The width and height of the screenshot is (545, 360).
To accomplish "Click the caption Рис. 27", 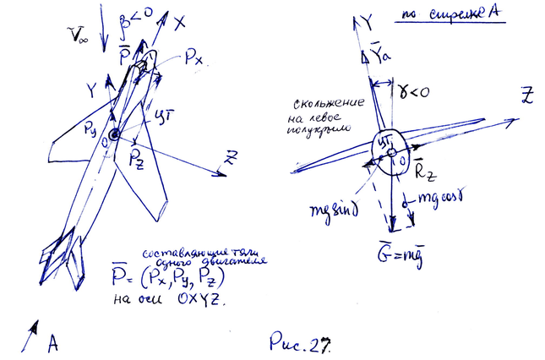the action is pyautogui.click(x=298, y=342).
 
